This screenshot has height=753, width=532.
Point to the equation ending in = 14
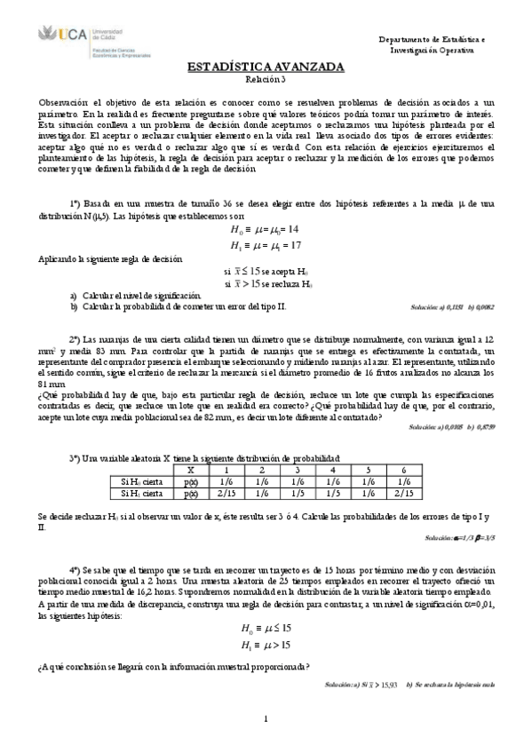click(x=265, y=228)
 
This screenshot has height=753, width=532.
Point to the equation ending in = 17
click(x=265, y=244)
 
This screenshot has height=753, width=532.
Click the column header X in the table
click(x=190, y=470)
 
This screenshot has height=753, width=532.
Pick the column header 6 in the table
click(x=403, y=470)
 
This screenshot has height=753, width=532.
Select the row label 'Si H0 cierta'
click(x=141, y=481)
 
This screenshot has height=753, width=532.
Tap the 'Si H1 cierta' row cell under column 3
click(x=297, y=493)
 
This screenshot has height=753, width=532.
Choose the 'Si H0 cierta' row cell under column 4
click(x=332, y=481)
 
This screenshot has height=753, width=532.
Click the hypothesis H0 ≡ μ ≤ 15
click(x=266, y=626)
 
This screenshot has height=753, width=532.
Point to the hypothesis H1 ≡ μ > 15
click(x=266, y=644)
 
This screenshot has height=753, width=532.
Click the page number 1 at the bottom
click(x=266, y=718)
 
